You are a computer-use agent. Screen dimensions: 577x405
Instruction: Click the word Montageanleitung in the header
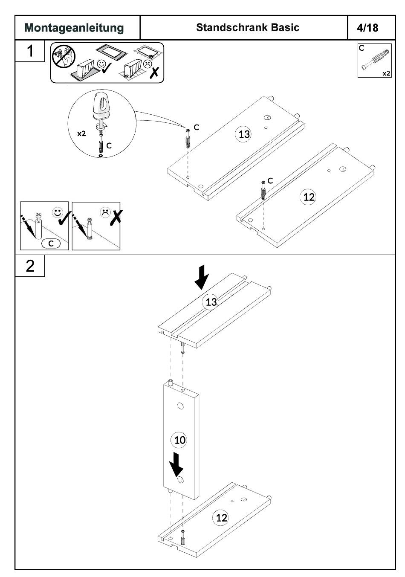[x=74, y=28]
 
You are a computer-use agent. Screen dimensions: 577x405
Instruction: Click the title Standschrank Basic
[x=248, y=28]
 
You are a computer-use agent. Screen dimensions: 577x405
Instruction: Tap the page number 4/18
[x=367, y=28]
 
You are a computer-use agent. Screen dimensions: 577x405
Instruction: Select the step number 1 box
[x=30, y=51]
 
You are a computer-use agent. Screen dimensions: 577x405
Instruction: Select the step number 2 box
[x=30, y=266]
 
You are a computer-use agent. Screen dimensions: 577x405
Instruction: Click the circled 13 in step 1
[x=244, y=134]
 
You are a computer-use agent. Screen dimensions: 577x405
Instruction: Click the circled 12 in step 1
[x=308, y=197]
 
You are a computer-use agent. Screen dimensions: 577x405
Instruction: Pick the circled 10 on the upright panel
[x=180, y=440]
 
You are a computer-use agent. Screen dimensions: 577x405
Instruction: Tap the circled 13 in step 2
[x=211, y=302]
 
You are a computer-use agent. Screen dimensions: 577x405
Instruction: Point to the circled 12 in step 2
[x=221, y=518]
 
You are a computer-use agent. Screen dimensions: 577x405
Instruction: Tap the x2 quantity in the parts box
[x=386, y=73]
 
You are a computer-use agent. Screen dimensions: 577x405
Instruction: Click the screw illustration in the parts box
[x=375, y=60]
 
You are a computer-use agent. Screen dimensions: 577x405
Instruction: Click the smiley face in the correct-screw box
[x=57, y=212]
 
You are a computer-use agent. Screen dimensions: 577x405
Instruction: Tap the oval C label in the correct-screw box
[x=51, y=244]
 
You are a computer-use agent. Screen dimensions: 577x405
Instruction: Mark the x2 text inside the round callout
[x=81, y=133]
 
